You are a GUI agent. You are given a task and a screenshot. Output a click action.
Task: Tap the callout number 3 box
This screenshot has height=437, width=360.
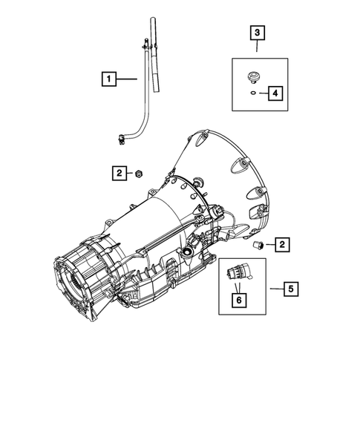[x=257, y=33]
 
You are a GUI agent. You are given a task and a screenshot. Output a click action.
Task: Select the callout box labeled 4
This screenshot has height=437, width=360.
[x=275, y=93]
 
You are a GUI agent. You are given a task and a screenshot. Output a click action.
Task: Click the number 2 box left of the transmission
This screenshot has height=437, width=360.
[x=119, y=173]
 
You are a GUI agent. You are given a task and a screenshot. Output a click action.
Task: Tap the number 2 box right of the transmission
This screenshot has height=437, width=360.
[x=283, y=243]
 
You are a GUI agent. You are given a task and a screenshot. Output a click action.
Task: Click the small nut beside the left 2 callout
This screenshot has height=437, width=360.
[x=139, y=174]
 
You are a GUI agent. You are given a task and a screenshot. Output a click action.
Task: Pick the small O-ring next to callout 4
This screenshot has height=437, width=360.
[x=254, y=93]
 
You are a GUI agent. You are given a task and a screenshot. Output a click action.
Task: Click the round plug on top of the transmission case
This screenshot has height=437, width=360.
[x=197, y=183]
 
